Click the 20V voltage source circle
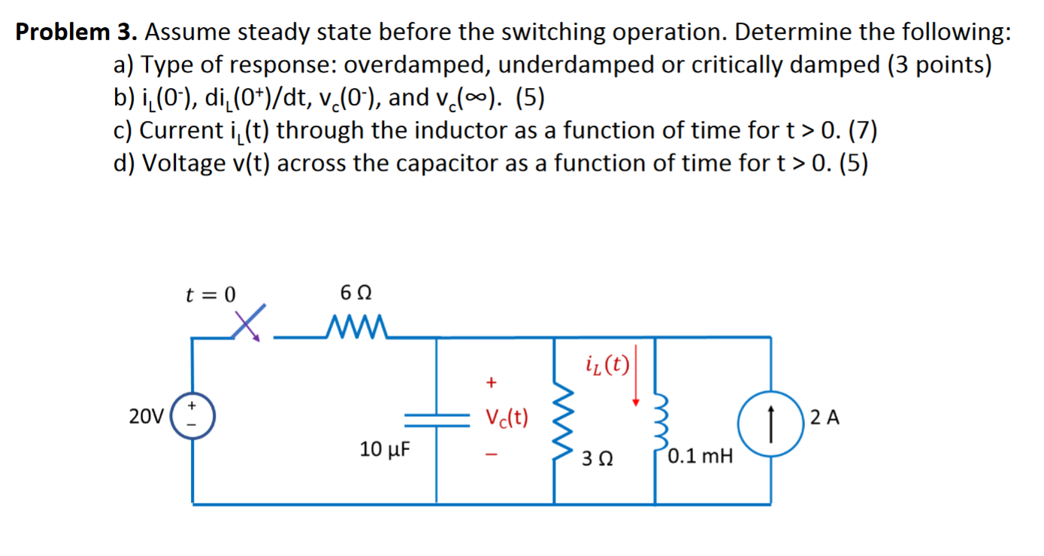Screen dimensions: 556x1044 (194, 415)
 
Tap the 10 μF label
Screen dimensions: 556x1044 (385, 450)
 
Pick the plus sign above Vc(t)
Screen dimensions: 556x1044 (491, 383)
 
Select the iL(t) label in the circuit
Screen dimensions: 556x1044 (606, 366)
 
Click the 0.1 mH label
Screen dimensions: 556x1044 (700, 456)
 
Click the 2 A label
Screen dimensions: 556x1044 (824, 416)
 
